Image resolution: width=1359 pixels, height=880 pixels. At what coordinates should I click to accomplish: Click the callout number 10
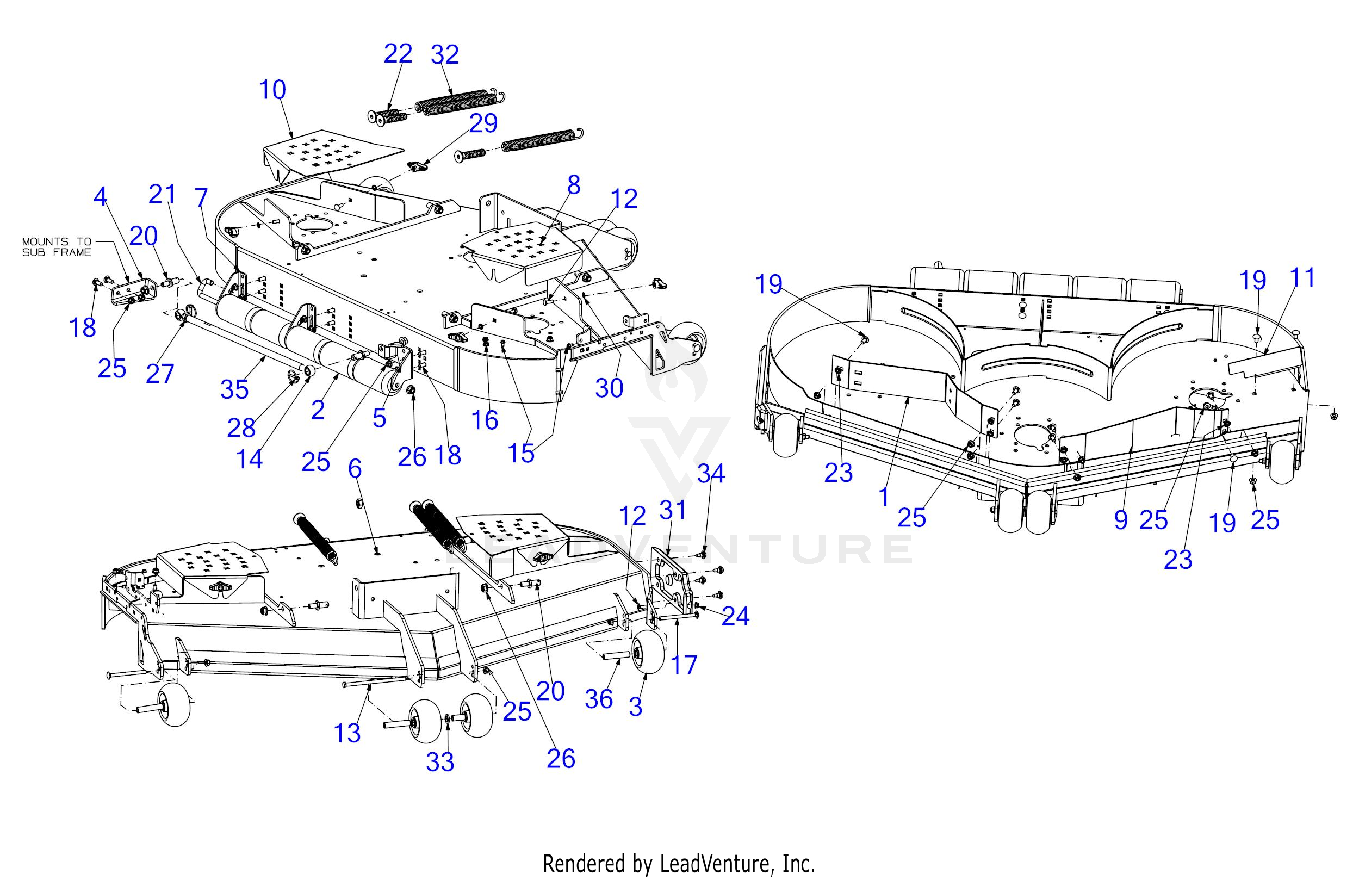coord(272,90)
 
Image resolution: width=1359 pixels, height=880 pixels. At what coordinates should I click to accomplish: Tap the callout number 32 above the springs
coord(445,55)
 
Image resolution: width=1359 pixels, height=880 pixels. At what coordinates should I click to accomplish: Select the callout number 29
coord(483,123)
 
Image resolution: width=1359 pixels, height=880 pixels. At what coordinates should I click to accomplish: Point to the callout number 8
coord(573,185)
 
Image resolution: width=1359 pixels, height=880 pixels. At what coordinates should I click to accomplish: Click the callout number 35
coord(235,389)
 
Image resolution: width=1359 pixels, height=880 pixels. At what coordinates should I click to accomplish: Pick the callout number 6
coord(355,469)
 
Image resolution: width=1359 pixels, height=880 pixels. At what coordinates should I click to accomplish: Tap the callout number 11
coord(1302,278)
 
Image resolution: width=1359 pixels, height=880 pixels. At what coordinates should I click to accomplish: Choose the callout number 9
coord(1121,519)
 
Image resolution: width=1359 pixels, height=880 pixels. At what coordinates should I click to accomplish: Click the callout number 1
coord(884,498)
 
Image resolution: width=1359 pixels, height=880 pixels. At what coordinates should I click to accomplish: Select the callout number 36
coord(599,699)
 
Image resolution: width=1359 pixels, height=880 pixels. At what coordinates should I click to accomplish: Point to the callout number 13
coord(347,733)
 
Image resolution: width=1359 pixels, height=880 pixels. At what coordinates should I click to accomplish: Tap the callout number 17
coord(684,665)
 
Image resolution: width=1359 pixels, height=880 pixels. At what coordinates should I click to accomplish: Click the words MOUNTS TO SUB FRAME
coord(57,247)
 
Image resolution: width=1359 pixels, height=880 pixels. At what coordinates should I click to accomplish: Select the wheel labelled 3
coord(647,652)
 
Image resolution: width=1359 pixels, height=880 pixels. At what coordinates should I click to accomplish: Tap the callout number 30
coord(609,388)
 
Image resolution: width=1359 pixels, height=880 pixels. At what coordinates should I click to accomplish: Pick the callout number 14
coord(250,459)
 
